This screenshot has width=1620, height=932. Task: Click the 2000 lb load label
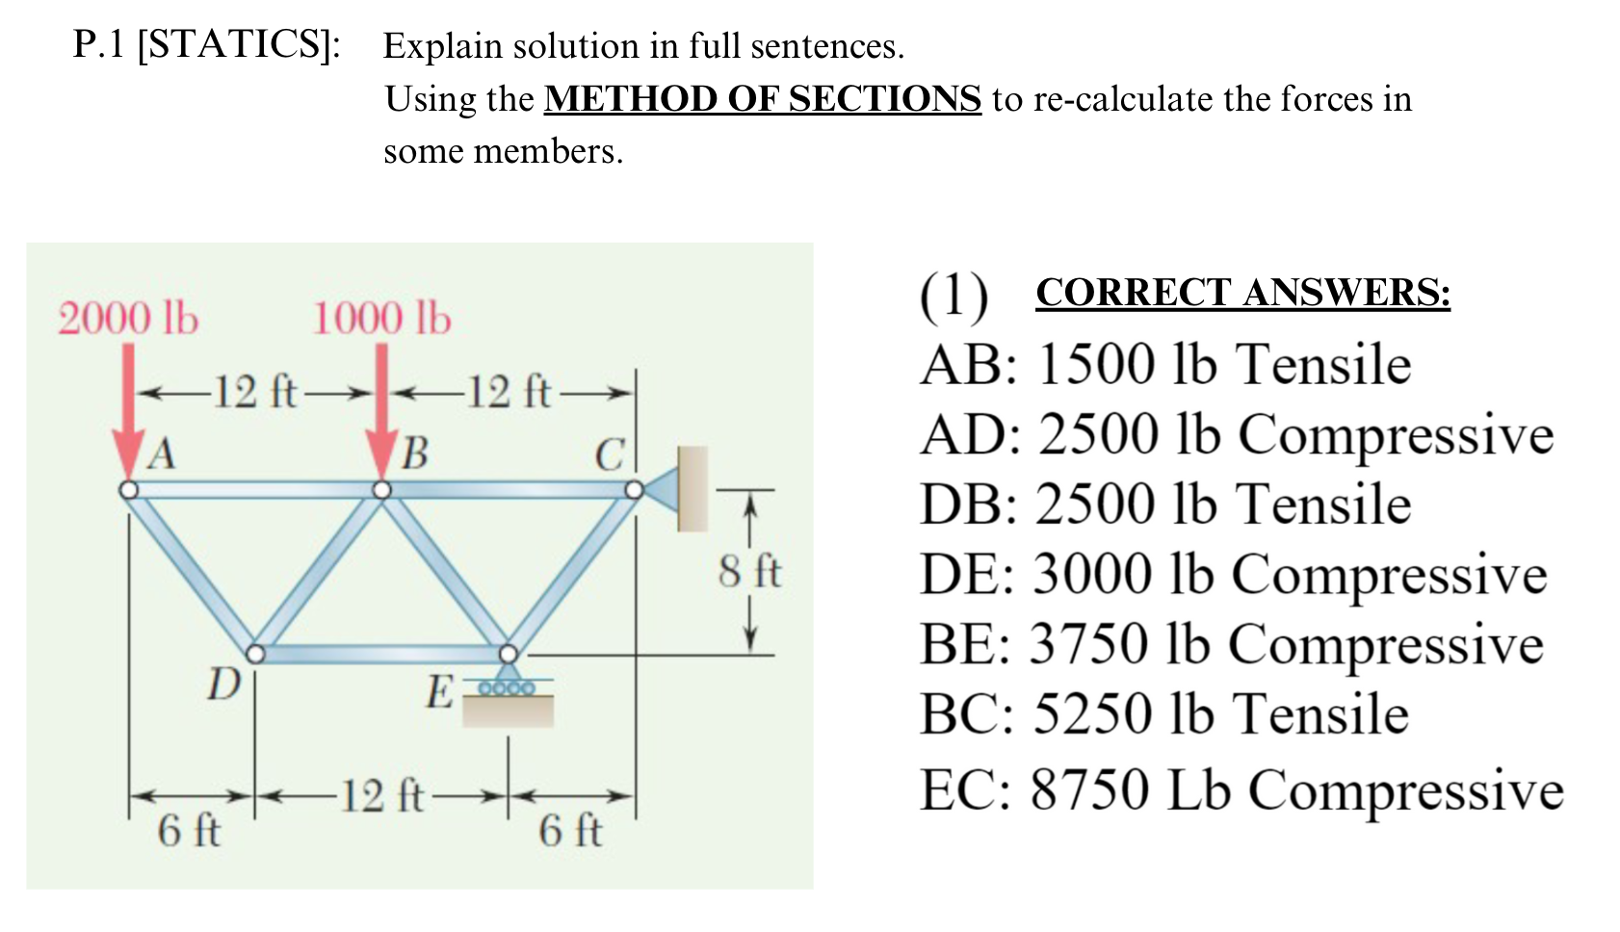128,319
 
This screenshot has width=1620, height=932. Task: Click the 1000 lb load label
381,319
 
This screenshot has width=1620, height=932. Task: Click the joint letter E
439,691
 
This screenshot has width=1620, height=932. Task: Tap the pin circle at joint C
633,490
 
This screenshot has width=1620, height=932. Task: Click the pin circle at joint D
255,655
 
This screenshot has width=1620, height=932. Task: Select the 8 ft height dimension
749,571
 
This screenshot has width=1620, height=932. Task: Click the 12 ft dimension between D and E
382,796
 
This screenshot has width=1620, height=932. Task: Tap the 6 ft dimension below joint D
189,830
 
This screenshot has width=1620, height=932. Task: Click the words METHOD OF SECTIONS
762,99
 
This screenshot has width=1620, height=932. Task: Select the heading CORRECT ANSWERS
1242,293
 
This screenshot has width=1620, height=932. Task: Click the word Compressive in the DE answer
1389,575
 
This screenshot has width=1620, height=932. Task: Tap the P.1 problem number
98,45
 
